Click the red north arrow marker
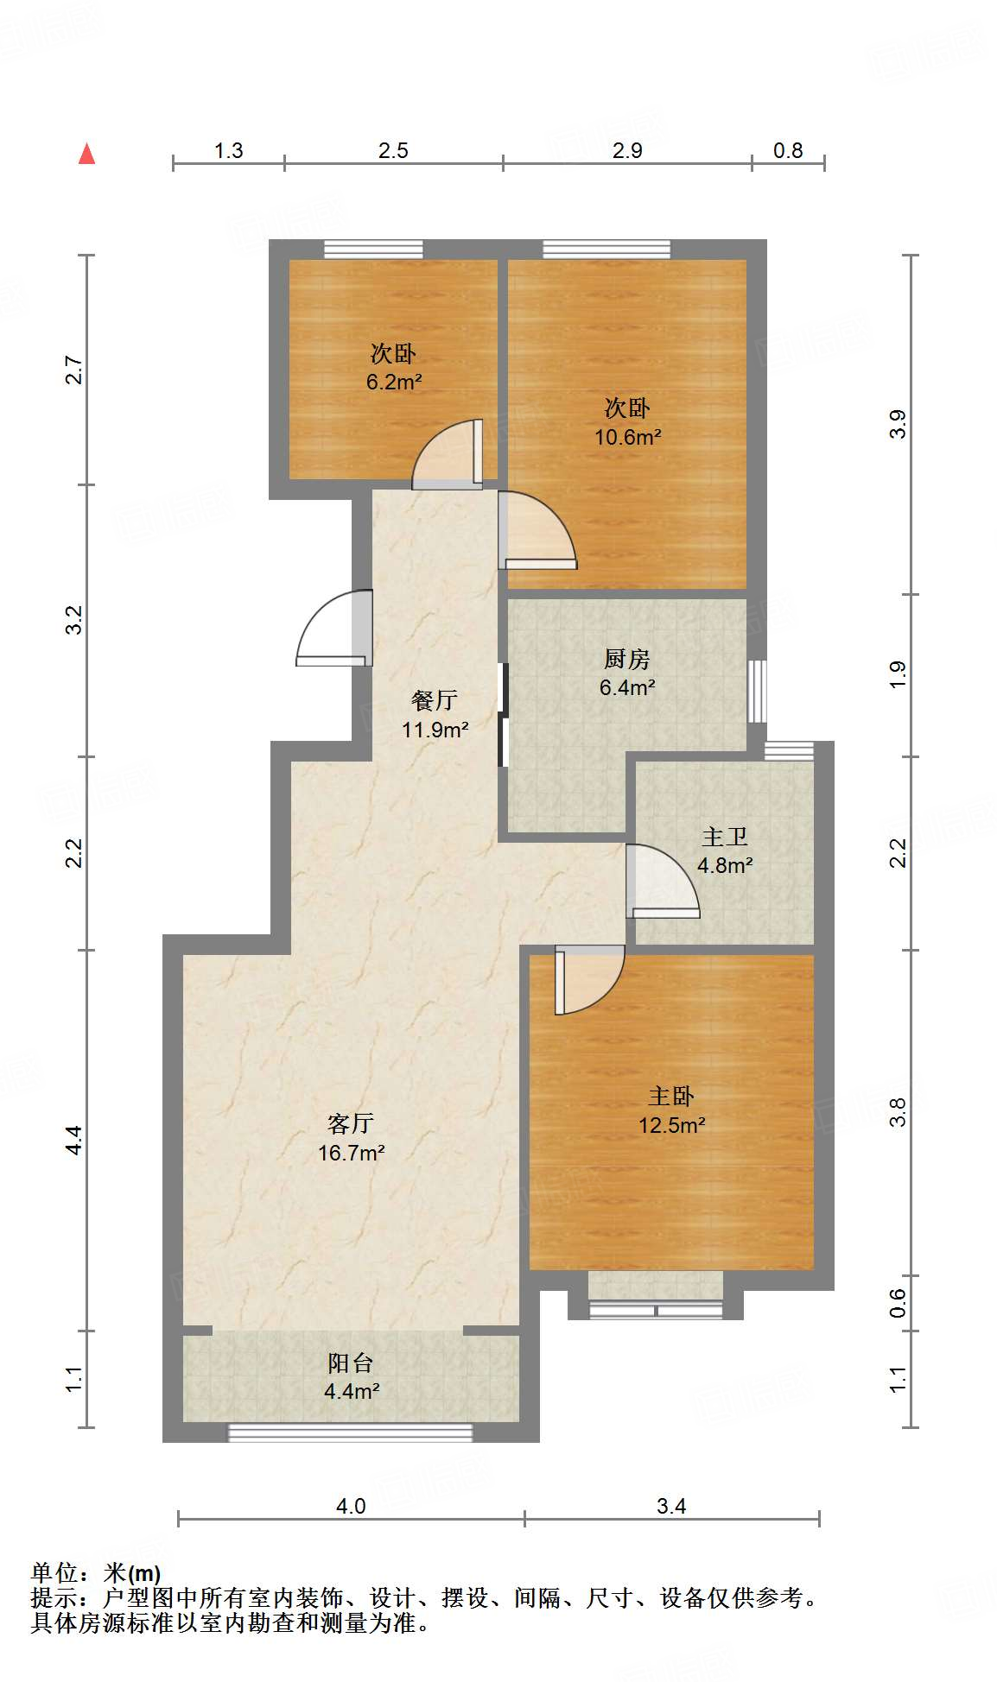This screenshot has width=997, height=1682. pos(86,154)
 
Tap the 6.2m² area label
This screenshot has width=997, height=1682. pos(393,382)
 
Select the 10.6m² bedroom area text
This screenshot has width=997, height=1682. pos(627,437)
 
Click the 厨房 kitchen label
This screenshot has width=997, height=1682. pos(626,659)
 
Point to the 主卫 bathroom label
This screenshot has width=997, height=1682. pos(724,836)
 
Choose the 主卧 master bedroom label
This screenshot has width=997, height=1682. pos(671,1096)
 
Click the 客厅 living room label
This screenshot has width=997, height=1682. pos(350,1122)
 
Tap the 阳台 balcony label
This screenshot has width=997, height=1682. pos(350,1363)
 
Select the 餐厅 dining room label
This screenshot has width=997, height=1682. pos(434,699)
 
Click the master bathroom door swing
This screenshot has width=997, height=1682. pos(660,881)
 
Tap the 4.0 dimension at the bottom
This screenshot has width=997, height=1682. pos(350,1507)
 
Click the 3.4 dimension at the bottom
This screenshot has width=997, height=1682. pos(670,1507)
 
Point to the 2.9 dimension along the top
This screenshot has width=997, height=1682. pos(627,150)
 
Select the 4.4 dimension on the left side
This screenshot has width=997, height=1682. pos(75,1140)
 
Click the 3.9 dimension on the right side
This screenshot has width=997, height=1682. pos(898,424)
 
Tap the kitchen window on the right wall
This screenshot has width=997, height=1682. pos(757,691)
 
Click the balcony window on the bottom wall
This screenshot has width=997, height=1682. pos(350,1432)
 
